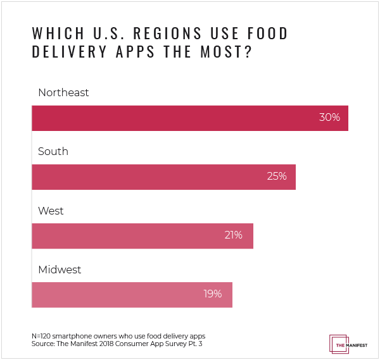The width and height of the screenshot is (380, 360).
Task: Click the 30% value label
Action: (330, 118)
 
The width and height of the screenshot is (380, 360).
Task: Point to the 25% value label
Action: (277, 177)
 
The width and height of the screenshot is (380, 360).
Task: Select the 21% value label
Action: (233, 235)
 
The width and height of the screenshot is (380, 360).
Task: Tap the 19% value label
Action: (212, 294)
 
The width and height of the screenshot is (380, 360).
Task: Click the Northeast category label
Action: (63, 92)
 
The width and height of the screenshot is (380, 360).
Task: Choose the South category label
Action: (53, 152)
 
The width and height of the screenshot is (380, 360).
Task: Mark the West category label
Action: (51, 211)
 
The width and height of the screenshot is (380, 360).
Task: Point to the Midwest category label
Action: (60, 270)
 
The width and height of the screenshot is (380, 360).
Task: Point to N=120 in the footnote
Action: (42, 336)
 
